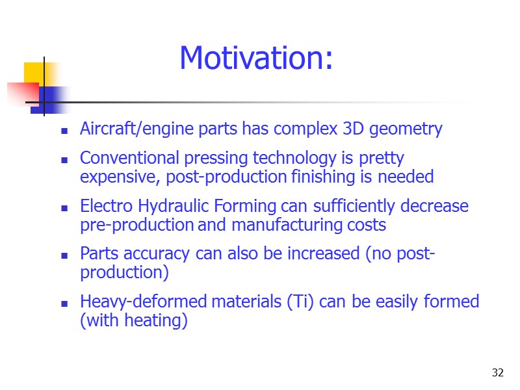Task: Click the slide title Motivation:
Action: (x=256, y=58)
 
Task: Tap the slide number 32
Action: (x=498, y=372)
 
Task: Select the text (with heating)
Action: (x=133, y=321)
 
